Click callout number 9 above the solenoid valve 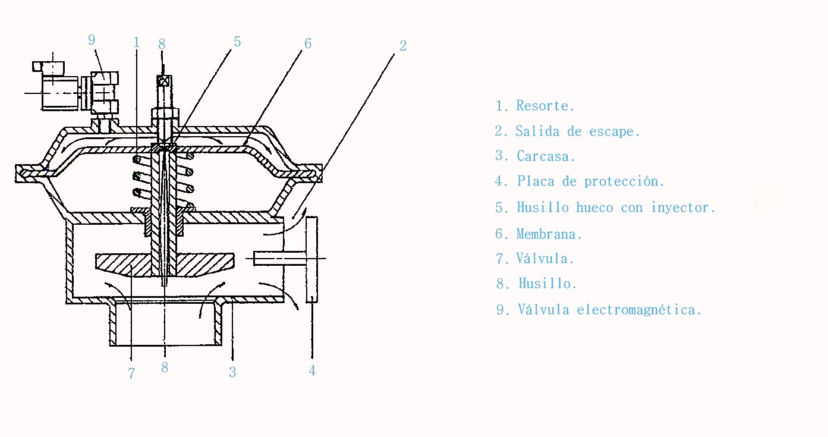pyautogui.click(x=92, y=40)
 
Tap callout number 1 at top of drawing pyautogui.click(x=136, y=42)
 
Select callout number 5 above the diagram pyautogui.click(x=237, y=42)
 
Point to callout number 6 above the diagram pyautogui.click(x=308, y=43)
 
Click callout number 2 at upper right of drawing pyautogui.click(x=403, y=46)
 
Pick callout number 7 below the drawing pyautogui.click(x=131, y=373)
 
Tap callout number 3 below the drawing pyautogui.click(x=232, y=372)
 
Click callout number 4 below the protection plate pyautogui.click(x=312, y=370)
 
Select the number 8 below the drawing pyautogui.click(x=165, y=367)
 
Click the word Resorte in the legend pyautogui.click(x=545, y=106)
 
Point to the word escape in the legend pyautogui.click(x=614, y=131)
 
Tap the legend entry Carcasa pyautogui.click(x=546, y=156)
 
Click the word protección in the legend pyautogui.click(x=624, y=181)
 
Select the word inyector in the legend pyautogui.click(x=684, y=208)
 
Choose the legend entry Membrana pyautogui.click(x=549, y=234)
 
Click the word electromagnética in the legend pyautogui.click(x=639, y=309)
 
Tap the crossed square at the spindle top pyautogui.click(x=163, y=81)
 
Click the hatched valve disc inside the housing pyautogui.click(x=165, y=265)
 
